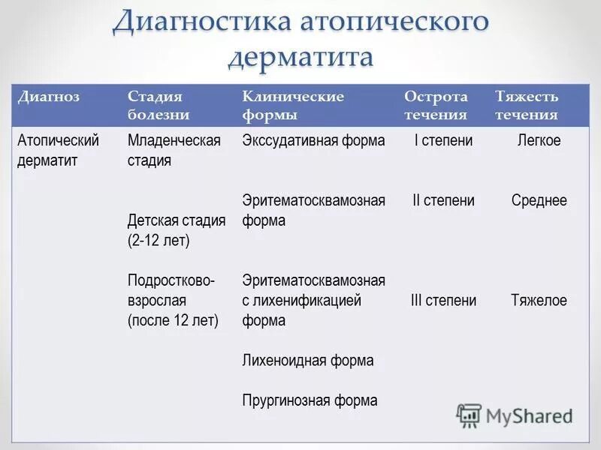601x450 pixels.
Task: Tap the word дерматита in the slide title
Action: point(300,56)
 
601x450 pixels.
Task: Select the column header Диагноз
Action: point(49,97)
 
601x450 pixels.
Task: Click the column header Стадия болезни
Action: point(158,106)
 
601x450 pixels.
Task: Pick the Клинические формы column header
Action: point(293,106)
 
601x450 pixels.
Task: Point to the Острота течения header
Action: point(436,106)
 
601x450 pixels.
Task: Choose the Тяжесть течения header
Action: point(527,106)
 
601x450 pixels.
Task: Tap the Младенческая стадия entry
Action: point(174,150)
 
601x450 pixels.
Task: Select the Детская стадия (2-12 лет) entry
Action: point(177,230)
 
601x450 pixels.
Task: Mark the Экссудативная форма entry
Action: point(313,140)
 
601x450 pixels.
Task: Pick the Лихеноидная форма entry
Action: point(307,361)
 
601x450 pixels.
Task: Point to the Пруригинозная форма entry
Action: point(310,400)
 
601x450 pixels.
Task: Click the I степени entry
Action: point(443,140)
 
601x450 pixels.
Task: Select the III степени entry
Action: point(443,301)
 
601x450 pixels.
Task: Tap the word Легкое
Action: point(539,140)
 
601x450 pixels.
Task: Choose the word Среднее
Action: point(539,201)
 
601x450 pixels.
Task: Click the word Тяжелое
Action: point(539,301)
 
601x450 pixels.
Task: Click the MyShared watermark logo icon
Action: point(470,415)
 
